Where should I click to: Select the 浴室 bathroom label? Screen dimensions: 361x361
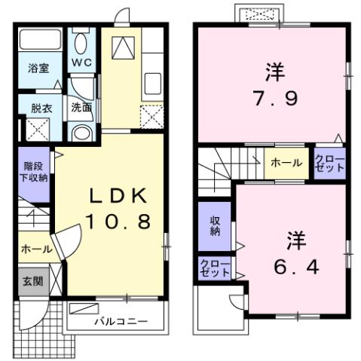click(38, 69)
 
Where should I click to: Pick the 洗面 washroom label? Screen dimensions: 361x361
click(81, 108)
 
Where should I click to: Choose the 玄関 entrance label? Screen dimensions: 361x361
click(32, 281)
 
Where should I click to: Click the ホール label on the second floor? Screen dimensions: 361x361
click(286, 163)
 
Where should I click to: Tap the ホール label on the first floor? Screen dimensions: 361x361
click(36, 248)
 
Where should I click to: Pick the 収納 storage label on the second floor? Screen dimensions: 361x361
click(215, 225)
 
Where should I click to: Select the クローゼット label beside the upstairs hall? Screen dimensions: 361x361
click(329, 163)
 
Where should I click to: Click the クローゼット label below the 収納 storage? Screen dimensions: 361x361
click(216, 268)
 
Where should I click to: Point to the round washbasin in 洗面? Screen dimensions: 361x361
click(81, 133)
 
